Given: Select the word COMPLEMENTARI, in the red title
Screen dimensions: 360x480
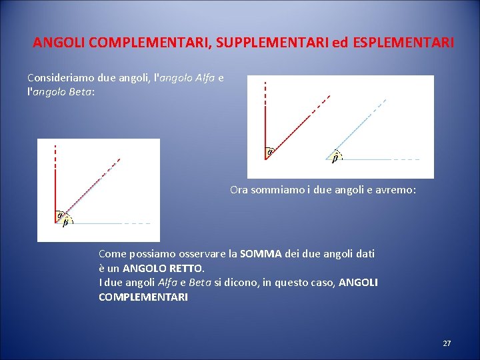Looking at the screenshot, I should [137, 43].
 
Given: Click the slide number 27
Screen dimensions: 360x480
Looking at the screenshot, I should [447, 343].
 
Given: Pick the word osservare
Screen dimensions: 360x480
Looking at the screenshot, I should [201, 254].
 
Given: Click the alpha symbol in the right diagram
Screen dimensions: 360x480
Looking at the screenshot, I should [270, 152].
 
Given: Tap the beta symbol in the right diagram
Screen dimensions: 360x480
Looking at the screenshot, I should [335, 159].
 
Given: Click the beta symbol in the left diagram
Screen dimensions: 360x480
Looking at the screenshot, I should [65, 223].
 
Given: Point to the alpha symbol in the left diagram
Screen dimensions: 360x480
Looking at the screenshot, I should [59, 215].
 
